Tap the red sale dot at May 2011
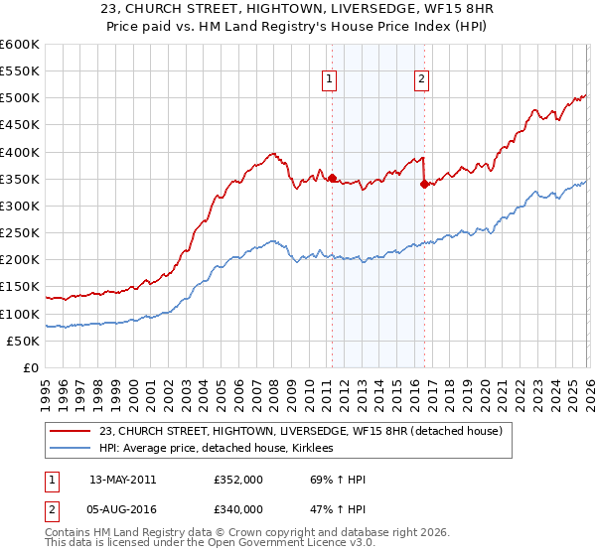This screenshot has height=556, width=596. [332, 179]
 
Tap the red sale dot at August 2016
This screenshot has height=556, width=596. [424, 185]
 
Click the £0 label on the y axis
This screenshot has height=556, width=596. [32, 368]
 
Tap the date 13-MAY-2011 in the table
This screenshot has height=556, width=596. [122, 480]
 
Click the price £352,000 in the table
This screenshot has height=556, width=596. [238, 480]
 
